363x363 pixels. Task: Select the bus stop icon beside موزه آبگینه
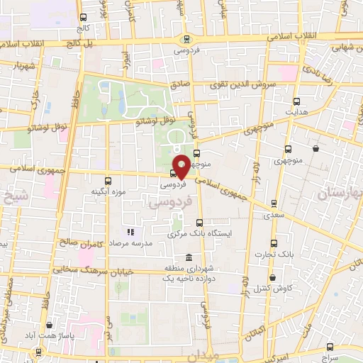108,180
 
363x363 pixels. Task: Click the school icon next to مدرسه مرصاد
130,232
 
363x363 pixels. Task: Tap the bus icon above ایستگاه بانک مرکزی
199,222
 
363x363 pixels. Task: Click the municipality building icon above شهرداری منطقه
189,257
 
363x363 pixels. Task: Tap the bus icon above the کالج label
84,18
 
